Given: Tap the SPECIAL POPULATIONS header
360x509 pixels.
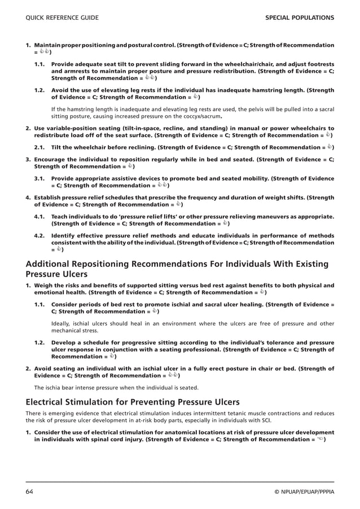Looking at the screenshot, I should tap(299, 18).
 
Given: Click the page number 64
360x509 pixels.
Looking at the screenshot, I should tap(29, 492).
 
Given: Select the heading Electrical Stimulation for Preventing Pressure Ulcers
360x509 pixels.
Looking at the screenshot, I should tap(133, 402).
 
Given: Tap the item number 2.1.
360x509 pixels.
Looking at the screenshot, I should tap(39, 147).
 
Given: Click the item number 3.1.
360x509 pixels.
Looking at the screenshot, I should tap(39, 178).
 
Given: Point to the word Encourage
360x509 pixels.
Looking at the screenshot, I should tap(50, 159).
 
